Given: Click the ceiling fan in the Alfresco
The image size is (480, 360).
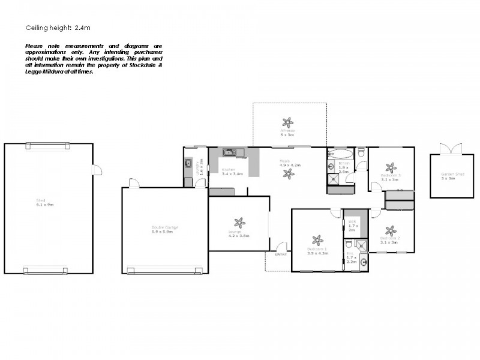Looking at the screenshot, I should tap(289, 122).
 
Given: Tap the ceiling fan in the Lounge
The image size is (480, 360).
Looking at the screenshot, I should tap(239, 223).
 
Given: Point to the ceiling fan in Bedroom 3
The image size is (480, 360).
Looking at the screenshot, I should tap(391, 168).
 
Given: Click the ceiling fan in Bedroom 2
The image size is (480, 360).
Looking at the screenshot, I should tap(391, 230).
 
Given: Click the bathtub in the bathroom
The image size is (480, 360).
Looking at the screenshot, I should tap(340, 152).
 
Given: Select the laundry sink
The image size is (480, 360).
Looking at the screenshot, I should tap(188, 163).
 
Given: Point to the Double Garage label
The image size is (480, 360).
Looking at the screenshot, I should tap(164, 229).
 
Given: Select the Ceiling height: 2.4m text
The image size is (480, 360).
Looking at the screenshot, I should tap(58, 28).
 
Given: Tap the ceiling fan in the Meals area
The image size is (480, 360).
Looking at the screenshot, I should tap(289, 173).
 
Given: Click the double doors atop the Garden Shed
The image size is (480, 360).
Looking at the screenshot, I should tap(451, 149).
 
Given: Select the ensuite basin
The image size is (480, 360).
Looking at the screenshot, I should tap(363, 263).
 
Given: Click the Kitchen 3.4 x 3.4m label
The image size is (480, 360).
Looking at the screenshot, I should tap(232, 172).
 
